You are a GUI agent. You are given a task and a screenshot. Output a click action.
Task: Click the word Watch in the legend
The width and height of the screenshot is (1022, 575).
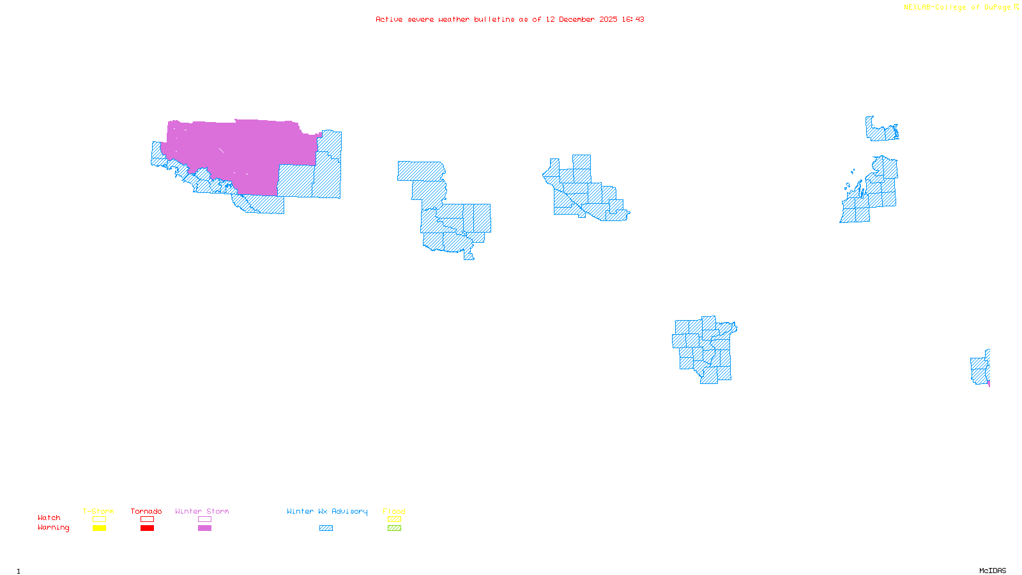coord(49,518)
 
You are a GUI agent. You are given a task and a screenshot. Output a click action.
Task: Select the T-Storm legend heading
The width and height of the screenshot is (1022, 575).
coord(98,511)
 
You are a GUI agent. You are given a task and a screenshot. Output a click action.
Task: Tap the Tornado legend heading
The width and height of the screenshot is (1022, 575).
coord(146,511)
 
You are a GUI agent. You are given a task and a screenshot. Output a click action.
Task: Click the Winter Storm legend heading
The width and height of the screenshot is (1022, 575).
coord(202,511)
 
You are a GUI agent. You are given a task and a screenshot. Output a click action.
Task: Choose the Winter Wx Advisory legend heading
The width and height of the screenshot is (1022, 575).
coord(327,511)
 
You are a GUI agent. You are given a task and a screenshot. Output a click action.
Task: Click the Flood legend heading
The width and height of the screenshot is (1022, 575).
coord(394,511)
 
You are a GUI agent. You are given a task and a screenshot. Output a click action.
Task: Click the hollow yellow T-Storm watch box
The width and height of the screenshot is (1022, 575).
coord(99,519)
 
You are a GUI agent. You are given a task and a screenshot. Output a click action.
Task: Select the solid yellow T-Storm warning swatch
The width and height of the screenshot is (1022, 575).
coord(99,528)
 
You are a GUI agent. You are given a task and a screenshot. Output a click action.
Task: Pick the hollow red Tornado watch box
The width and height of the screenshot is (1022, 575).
coord(147,519)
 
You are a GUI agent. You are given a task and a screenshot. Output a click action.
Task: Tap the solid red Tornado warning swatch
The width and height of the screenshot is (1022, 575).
coord(147,528)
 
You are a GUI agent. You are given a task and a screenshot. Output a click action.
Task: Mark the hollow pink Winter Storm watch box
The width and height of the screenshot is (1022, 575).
coord(204,519)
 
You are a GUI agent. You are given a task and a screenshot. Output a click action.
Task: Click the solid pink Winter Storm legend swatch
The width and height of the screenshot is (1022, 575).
coord(204,528)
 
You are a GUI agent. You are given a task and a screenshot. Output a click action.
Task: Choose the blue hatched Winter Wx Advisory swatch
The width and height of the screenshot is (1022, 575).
coord(326,528)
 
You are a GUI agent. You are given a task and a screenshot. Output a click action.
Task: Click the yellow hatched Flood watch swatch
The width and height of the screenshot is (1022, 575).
coord(394,519)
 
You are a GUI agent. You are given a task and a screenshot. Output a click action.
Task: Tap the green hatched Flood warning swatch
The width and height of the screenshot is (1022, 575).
coord(394,528)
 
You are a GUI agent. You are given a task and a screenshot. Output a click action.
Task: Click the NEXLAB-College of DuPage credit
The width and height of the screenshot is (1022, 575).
coord(957,8)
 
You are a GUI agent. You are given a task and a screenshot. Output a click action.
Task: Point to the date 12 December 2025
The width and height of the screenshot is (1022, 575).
coord(581,20)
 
